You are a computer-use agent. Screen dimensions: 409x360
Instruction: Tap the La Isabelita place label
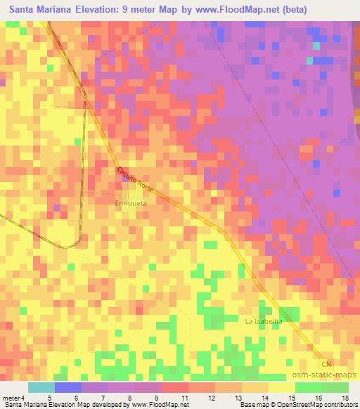click(x=264, y=321)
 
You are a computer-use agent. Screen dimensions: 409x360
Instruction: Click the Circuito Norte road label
click(x=133, y=179)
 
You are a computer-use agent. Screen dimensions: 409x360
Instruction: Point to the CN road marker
click(x=325, y=364)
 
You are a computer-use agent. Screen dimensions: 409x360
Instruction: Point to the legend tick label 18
click(x=346, y=398)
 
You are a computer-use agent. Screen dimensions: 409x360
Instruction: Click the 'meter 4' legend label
click(x=13, y=398)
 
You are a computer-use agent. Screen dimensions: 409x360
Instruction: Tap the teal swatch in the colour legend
click(x=41, y=387)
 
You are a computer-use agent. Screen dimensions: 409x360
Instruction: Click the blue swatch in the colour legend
click(x=67, y=387)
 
